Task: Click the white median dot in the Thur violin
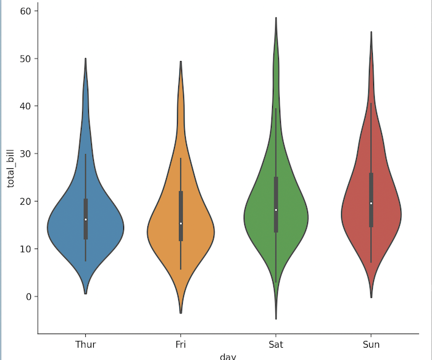(85, 219)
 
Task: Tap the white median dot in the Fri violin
(181, 223)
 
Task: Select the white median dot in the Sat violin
(276, 210)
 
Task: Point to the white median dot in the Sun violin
(371, 203)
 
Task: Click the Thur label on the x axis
(85, 344)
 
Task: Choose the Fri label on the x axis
(181, 344)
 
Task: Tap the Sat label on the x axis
(276, 344)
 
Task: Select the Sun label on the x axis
(371, 344)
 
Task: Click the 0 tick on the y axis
(27, 297)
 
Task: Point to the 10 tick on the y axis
(25, 249)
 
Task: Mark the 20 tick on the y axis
(25, 202)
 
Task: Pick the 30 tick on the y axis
(25, 153)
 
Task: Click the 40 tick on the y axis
(25, 106)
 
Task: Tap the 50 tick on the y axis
(25, 59)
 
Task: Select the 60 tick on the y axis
(25, 11)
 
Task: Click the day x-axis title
(228, 356)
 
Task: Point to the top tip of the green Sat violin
(276, 18)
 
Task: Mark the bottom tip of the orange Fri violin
(181, 313)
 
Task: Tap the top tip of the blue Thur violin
(85, 59)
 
